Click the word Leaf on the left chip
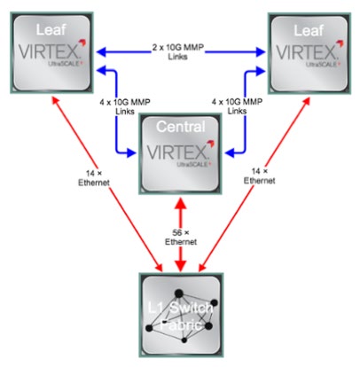coord(51,30)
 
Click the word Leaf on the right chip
coord(309,30)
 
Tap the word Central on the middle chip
coord(181,127)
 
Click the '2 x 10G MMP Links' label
coord(178,51)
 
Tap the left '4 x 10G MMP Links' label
coord(125,106)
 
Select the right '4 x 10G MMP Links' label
coord(237,106)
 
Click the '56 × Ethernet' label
coord(181,238)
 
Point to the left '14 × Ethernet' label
coord(94,178)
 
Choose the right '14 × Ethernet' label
coord(259,176)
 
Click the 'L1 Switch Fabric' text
coord(181,316)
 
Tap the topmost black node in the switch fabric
coord(179,293)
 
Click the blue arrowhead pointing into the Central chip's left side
coord(130,152)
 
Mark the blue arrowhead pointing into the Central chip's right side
coord(230,152)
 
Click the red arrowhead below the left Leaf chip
coord(55,100)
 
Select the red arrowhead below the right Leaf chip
coord(307,101)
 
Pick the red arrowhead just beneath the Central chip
coord(181,204)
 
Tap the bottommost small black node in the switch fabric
coord(184,340)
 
